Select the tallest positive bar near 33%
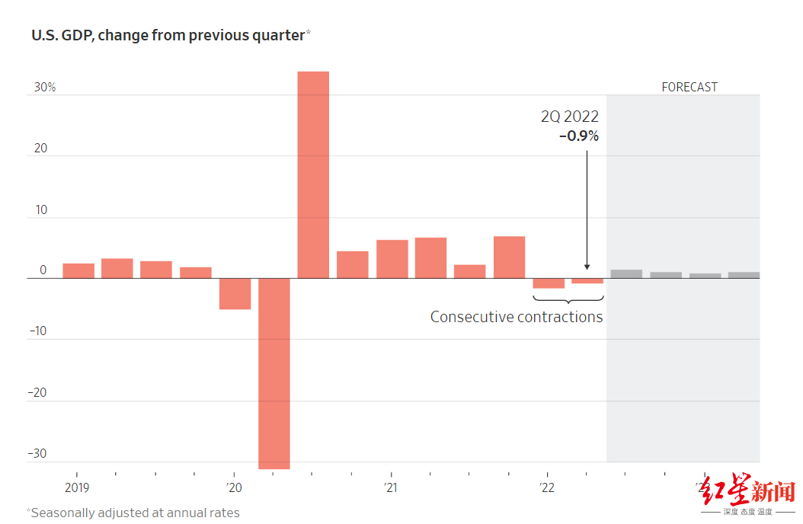click(313, 174)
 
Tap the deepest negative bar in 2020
click(274, 373)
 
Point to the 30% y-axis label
click(45, 88)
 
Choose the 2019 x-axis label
click(77, 487)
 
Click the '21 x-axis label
click(390, 487)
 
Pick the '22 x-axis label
click(547, 487)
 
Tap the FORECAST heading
click(689, 87)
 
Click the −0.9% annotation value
click(578, 136)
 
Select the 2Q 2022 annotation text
click(570, 117)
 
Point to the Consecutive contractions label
click(517, 317)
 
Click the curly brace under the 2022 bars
click(568, 299)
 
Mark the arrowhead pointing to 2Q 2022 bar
click(587, 267)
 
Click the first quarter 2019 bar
click(78, 270)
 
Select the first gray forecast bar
click(626, 274)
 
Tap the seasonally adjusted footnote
click(133, 513)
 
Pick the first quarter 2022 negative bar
click(549, 283)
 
